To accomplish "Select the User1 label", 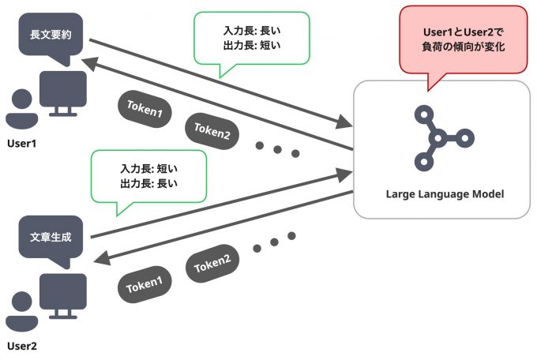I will (21, 143).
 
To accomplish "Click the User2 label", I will (22, 346).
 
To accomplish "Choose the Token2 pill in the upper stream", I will (212, 129).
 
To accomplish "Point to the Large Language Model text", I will (445, 193).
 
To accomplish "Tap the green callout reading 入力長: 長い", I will (251, 39).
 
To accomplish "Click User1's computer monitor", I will (66, 93).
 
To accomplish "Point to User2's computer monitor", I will (66, 295).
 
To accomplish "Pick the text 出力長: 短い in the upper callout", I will (251, 47).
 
